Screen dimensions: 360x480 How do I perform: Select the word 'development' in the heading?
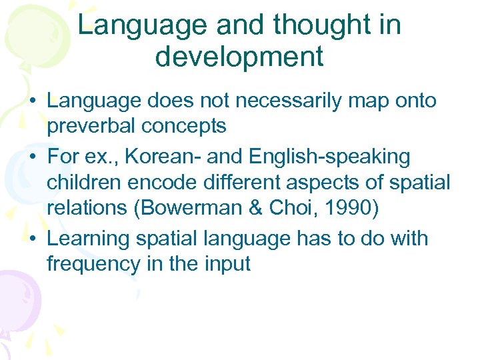[239, 57]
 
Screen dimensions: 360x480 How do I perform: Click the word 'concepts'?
[193, 126]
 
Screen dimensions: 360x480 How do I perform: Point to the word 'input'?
[225, 263]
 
